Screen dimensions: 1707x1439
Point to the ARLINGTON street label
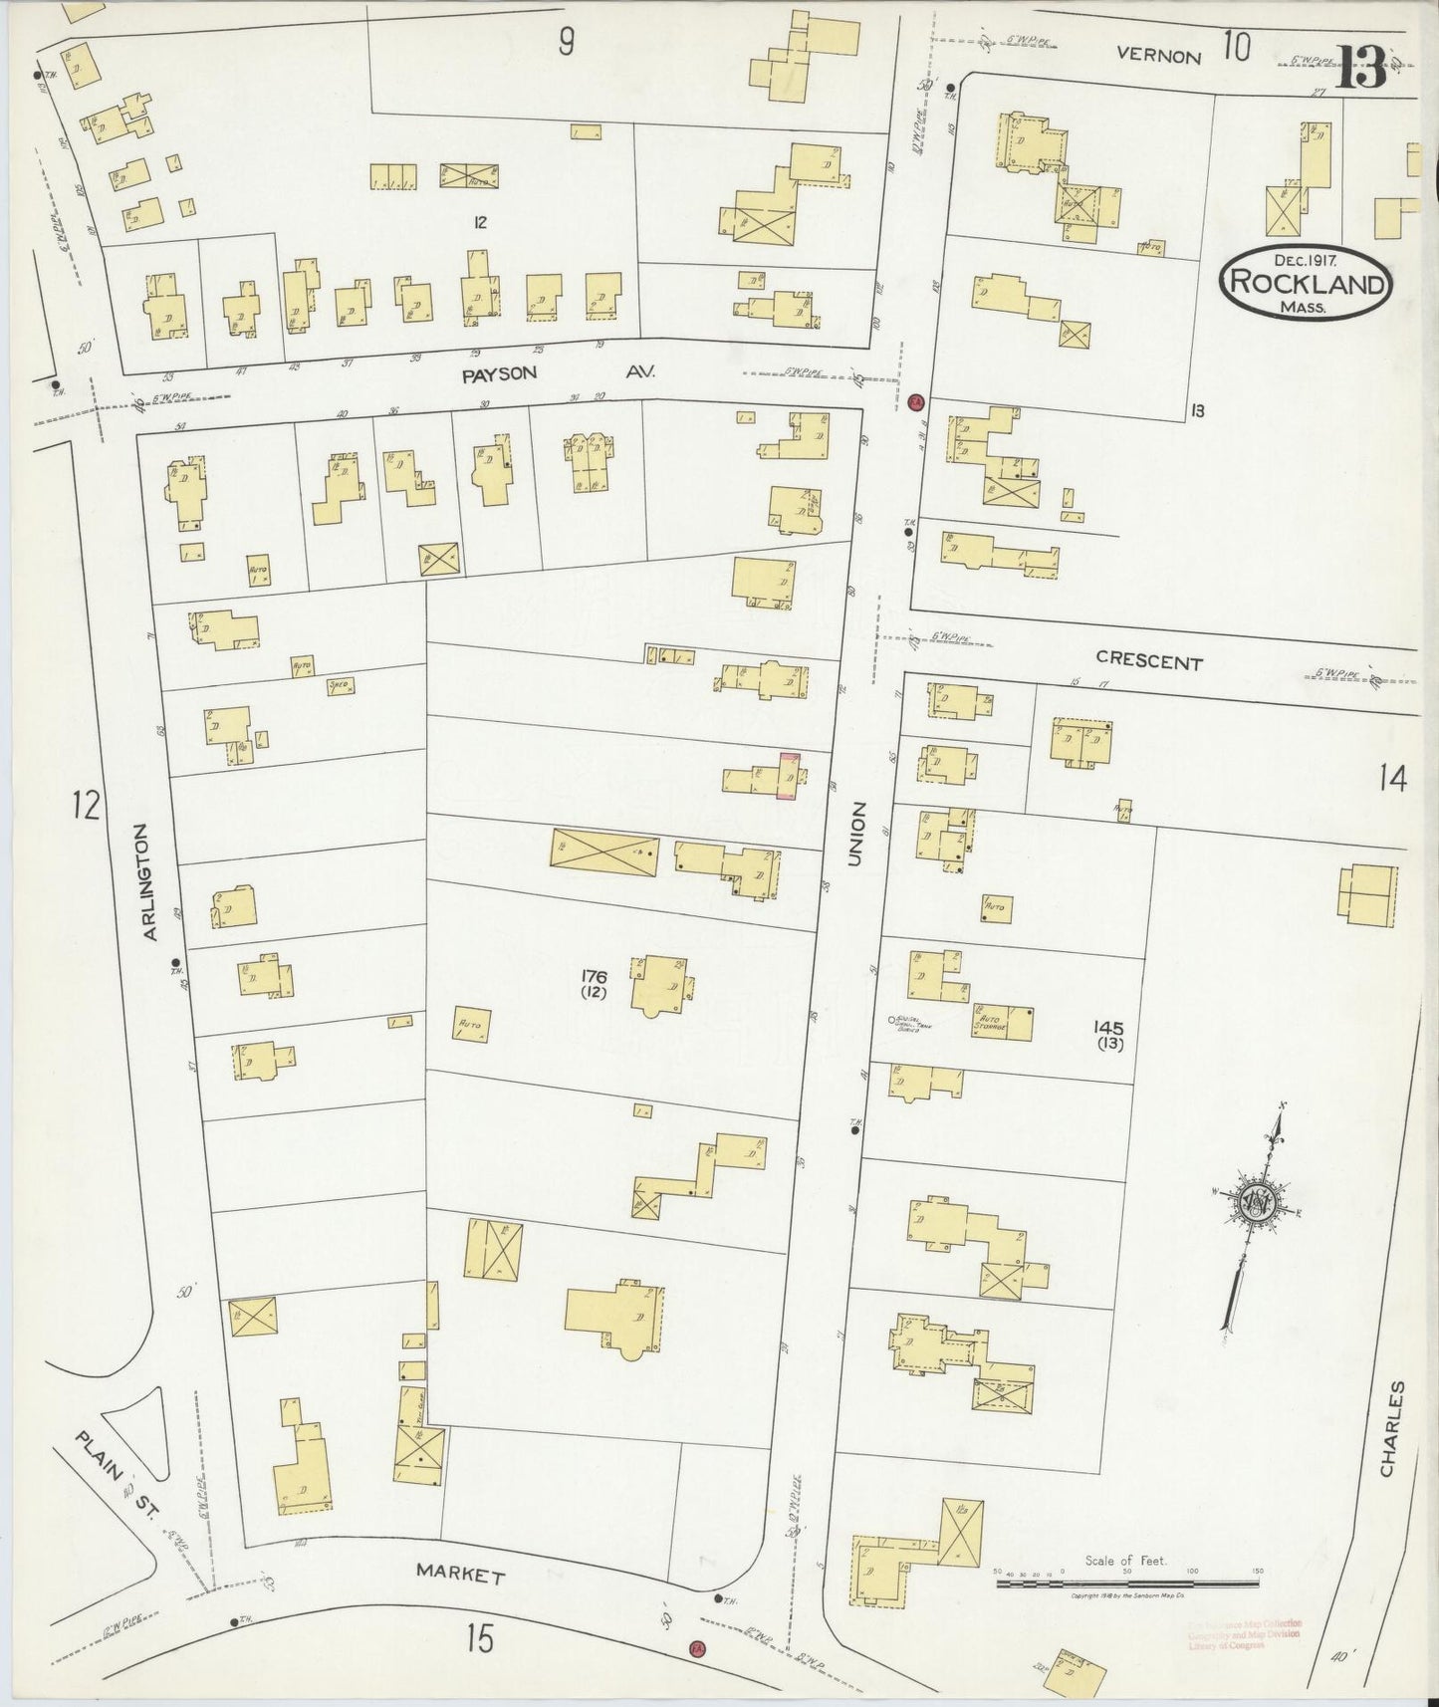tap(150, 881)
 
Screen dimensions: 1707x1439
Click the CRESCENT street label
tap(1148, 660)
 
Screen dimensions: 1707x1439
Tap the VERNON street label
tap(1158, 56)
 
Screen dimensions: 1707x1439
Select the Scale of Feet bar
tap(1126, 1582)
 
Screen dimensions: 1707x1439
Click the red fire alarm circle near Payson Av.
tap(917, 401)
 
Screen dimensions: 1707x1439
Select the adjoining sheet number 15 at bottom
tap(480, 1639)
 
